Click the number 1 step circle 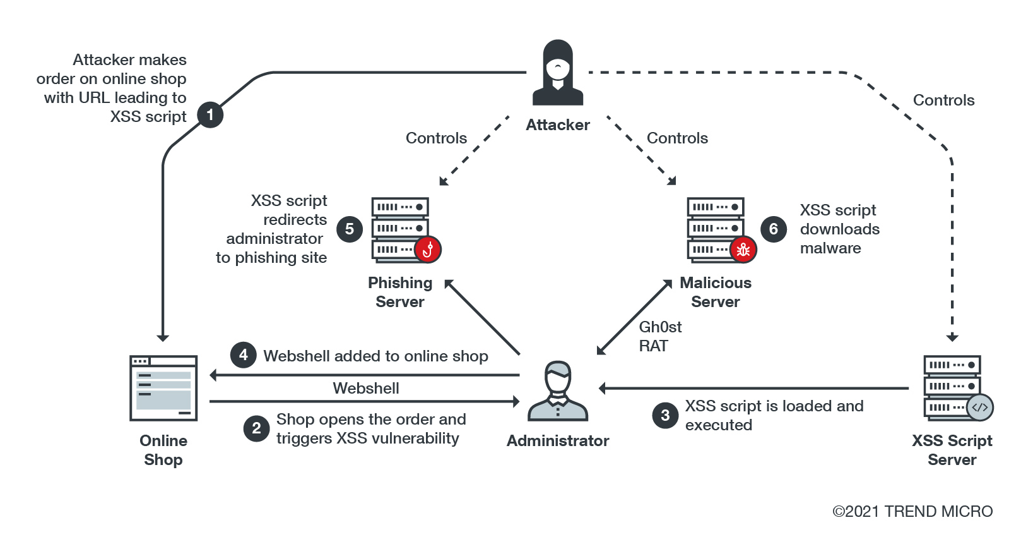210,115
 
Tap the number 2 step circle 256,428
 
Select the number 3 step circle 665,415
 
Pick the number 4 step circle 244,355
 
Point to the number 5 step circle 350,229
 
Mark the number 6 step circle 774,229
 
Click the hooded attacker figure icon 558,73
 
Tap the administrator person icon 558,392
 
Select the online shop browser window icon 163,388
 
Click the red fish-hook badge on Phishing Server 428,250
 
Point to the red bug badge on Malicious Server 743,250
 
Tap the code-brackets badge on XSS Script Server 980,408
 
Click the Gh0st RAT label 660,336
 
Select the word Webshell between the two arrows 366,388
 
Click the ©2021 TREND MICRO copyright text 912,511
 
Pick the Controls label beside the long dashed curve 943,100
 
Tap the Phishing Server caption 400,292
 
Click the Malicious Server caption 716,292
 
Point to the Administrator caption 558,440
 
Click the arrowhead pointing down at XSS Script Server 952,337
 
